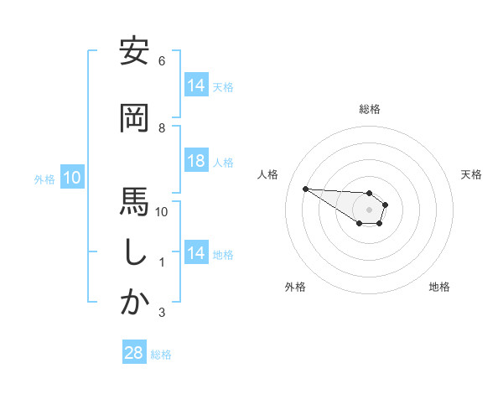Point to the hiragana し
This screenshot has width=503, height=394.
coord(134,252)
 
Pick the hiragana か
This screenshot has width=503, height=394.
coord(134,303)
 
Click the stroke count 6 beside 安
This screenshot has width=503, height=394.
coord(162,61)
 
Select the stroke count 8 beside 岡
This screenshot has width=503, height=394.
coord(162,128)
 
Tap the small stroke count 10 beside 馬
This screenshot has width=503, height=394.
coord(162,212)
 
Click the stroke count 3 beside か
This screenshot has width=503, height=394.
coord(162,313)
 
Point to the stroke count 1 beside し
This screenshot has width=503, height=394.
coord(162,262)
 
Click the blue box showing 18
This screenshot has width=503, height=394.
coord(195,162)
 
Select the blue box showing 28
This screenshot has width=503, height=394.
coord(134,353)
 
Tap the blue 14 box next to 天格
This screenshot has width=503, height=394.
coord(195,85)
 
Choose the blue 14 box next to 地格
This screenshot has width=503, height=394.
coord(195,253)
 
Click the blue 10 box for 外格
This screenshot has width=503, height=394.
coord(71,178)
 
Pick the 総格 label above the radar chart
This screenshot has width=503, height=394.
coord(370,109)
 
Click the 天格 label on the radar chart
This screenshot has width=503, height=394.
coord(472,174)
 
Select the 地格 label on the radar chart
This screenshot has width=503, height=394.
coord(439,288)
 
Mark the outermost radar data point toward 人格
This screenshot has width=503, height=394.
coord(305,188)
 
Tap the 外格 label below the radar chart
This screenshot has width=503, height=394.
coord(295,288)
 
